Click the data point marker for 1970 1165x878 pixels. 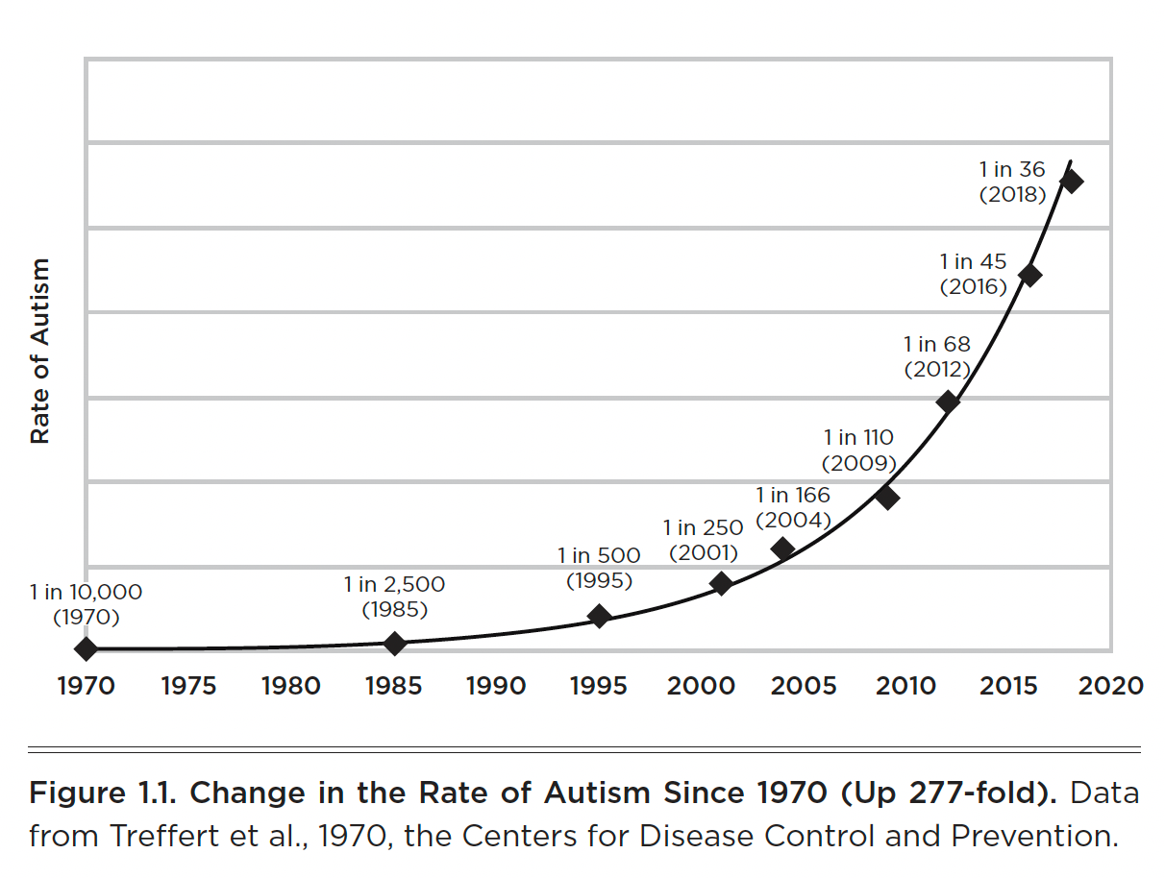(86, 648)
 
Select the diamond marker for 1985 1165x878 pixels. (394, 643)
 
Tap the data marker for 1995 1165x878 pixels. (599, 616)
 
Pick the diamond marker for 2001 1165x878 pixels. (721, 583)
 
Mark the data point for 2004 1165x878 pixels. (782, 549)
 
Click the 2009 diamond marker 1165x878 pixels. (887, 498)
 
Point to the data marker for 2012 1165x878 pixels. (949, 402)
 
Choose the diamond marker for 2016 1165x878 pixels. (1029, 275)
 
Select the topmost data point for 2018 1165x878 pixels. (1071, 182)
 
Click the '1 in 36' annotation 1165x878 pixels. (1011, 170)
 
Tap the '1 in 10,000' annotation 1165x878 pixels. (86, 593)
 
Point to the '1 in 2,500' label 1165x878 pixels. (394, 584)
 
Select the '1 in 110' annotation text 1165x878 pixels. (858, 437)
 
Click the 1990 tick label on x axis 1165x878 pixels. (496, 686)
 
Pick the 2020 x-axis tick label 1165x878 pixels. (1110, 686)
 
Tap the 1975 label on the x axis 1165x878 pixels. (189, 686)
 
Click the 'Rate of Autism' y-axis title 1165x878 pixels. (39, 351)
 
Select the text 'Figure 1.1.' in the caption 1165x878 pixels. (103, 793)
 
